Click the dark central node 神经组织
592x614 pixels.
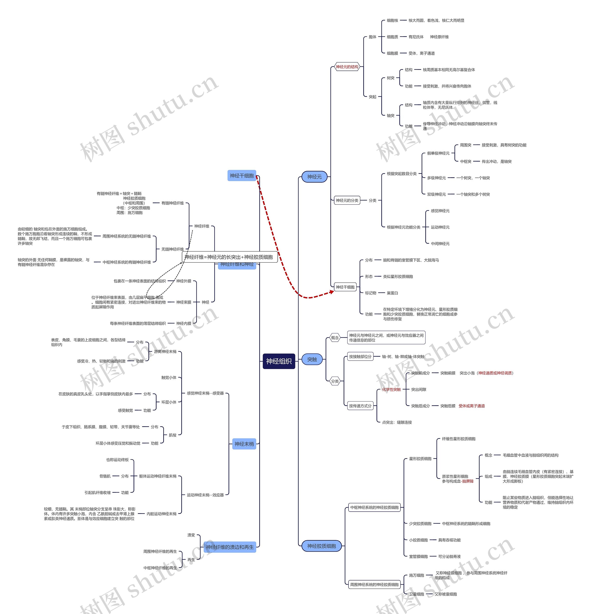coord(279,361)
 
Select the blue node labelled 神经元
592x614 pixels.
coord(314,177)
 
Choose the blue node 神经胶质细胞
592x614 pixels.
coord(321,546)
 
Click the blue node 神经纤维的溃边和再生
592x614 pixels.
coord(229,547)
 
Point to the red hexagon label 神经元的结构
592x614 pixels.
coord(347,67)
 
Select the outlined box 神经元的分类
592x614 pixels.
coord(347,200)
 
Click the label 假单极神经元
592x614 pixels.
coord(438,153)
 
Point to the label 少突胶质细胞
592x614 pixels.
coord(420,523)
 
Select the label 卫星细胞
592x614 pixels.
coord(416,594)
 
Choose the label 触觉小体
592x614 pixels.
coord(169,378)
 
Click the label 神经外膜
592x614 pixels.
coord(183,281)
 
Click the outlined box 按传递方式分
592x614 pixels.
coord(360,406)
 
